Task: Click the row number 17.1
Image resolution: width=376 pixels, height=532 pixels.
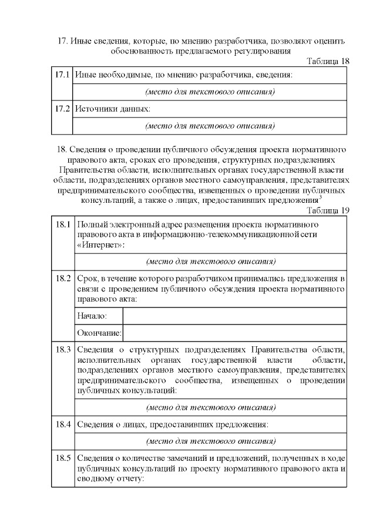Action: coord(62,75)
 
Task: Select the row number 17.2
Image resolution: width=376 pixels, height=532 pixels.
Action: coord(62,109)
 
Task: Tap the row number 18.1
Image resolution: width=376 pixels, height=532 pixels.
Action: coord(63,225)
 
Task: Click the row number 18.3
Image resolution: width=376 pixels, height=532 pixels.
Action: coord(63,349)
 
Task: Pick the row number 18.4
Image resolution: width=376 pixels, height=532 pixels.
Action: coord(63,424)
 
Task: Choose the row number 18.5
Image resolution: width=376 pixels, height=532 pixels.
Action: coord(63,458)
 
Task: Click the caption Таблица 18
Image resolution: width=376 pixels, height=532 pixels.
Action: coord(328,61)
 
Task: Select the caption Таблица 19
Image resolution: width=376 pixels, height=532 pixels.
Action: coord(328,210)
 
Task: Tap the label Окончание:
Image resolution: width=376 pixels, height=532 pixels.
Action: coord(98,333)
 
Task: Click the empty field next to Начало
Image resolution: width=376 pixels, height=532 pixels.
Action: coord(234,316)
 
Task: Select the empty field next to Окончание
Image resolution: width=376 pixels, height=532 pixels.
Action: coord(234,333)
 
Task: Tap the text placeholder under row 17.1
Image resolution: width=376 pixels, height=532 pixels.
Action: coord(210,92)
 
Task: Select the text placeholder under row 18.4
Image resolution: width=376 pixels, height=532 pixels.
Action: coord(210,441)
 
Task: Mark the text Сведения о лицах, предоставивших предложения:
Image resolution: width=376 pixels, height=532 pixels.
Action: coord(173,424)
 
